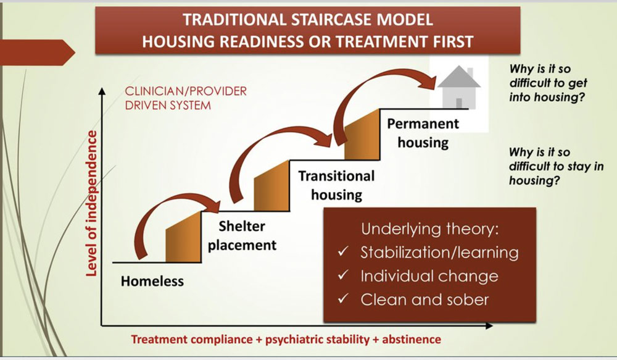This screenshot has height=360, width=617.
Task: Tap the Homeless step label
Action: [152, 281]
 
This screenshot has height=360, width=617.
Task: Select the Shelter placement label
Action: [242, 235]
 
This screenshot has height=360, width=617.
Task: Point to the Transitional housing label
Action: [336, 185]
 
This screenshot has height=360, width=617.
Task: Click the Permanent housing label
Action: [423, 133]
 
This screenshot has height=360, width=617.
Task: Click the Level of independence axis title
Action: [91, 203]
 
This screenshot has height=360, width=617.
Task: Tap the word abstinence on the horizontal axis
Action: [412, 339]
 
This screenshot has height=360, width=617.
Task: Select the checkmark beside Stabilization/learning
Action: [343, 251]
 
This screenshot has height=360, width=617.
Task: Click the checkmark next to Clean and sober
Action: [343, 299]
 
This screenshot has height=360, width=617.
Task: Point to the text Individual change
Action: [429, 275]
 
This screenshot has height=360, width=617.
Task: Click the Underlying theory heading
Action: [429, 229]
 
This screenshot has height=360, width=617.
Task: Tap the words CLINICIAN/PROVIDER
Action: [186, 91]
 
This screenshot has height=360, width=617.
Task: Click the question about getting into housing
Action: [548, 83]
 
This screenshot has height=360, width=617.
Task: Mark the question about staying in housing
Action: [556, 166]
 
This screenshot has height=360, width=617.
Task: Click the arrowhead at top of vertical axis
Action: [102, 91]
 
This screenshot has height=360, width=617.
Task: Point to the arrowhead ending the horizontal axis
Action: [489, 326]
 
